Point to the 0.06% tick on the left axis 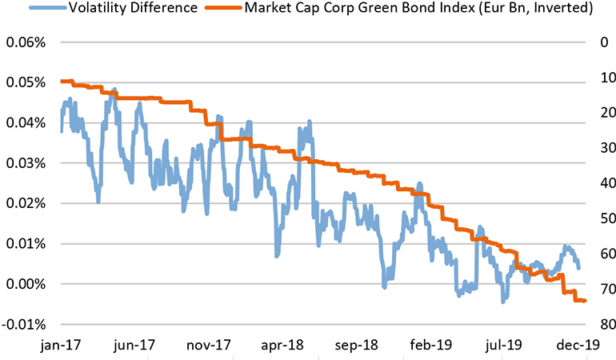[x=26, y=42]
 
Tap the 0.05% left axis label [x=26, y=82]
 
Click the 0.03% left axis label [x=26, y=163]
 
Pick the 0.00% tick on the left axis [x=26, y=284]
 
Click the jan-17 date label [x=62, y=345]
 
